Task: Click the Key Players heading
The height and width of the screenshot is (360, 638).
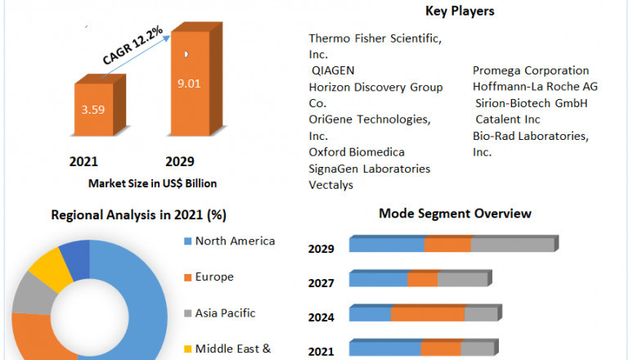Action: [x=460, y=11]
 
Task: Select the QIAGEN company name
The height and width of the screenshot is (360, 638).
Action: [x=332, y=70]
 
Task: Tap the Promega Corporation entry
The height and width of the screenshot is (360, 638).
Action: [x=531, y=70]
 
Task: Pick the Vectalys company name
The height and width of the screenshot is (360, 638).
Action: [x=330, y=185]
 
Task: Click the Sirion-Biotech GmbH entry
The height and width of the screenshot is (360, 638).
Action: [x=532, y=103]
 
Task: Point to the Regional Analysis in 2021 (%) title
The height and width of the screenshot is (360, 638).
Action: [x=139, y=215]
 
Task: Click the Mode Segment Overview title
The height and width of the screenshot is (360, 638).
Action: [x=455, y=214]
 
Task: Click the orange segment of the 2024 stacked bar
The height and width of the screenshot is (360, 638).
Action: [x=428, y=314]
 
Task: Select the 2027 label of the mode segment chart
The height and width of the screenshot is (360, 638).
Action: [x=321, y=284]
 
